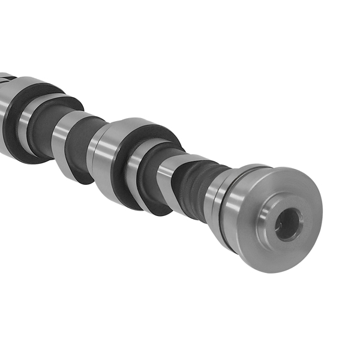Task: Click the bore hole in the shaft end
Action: (287, 223)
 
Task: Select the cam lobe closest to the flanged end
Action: (168, 180)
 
